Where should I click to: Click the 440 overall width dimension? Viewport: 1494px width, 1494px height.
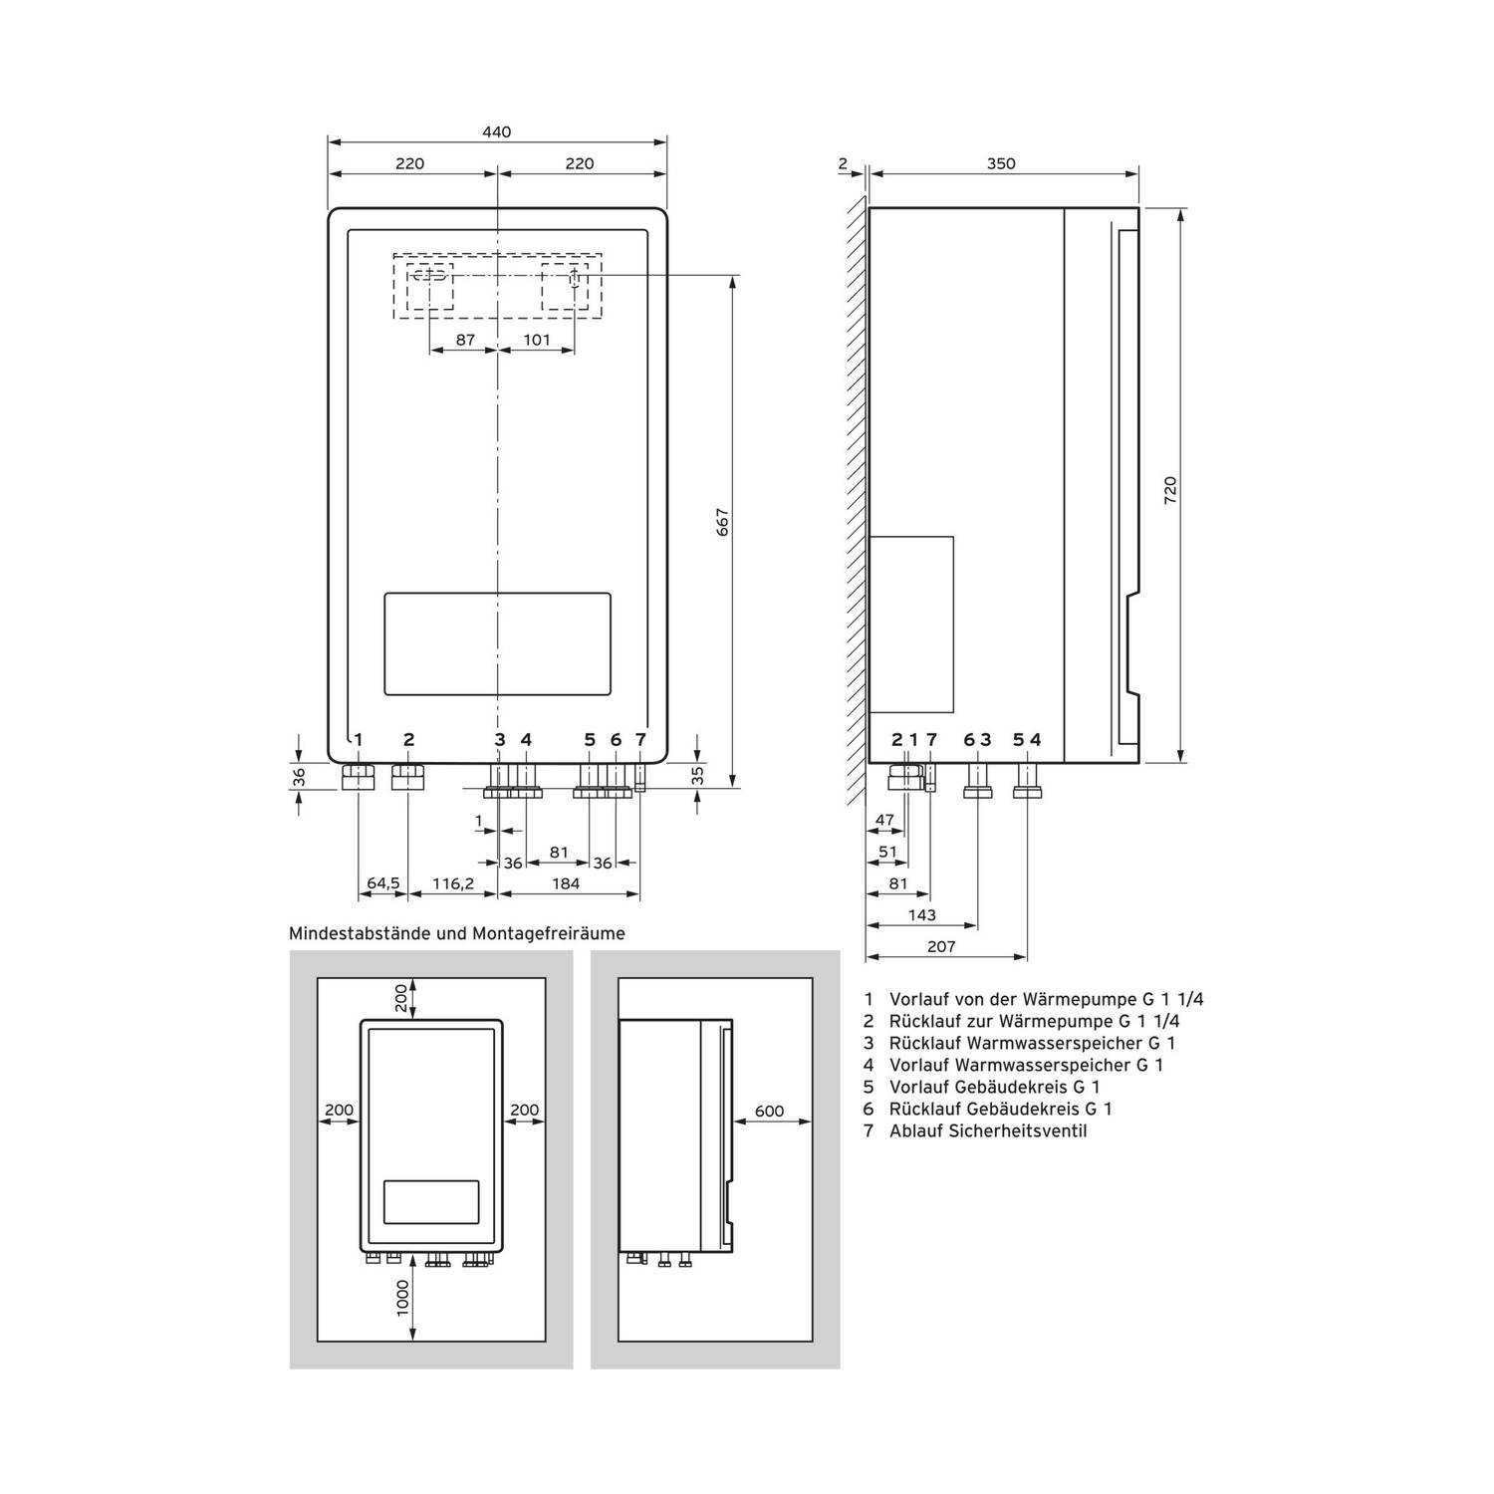click(496, 132)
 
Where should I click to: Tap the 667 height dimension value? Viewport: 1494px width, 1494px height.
click(723, 523)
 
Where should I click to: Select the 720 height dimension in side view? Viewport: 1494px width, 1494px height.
click(1170, 490)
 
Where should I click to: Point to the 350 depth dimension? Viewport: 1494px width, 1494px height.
click(1001, 164)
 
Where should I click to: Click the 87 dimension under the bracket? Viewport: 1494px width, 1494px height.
click(465, 340)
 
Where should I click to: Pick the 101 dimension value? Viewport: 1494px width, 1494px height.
click(537, 340)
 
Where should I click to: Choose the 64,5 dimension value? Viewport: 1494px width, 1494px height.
click(382, 883)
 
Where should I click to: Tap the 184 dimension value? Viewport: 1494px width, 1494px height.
click(566, 883)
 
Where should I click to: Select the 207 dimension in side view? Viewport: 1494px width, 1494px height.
click(941, 947)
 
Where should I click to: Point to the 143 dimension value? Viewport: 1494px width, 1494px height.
click(922, 915)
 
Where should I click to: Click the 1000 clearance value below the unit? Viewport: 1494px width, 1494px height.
click(402, 1298)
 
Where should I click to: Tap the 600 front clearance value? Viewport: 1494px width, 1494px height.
click(770, 1112)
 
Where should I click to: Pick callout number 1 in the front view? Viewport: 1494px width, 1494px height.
click(359, 740)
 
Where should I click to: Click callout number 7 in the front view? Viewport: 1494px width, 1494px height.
click(640, 740)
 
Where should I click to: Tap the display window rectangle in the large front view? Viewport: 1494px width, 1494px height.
click(497, 643)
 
